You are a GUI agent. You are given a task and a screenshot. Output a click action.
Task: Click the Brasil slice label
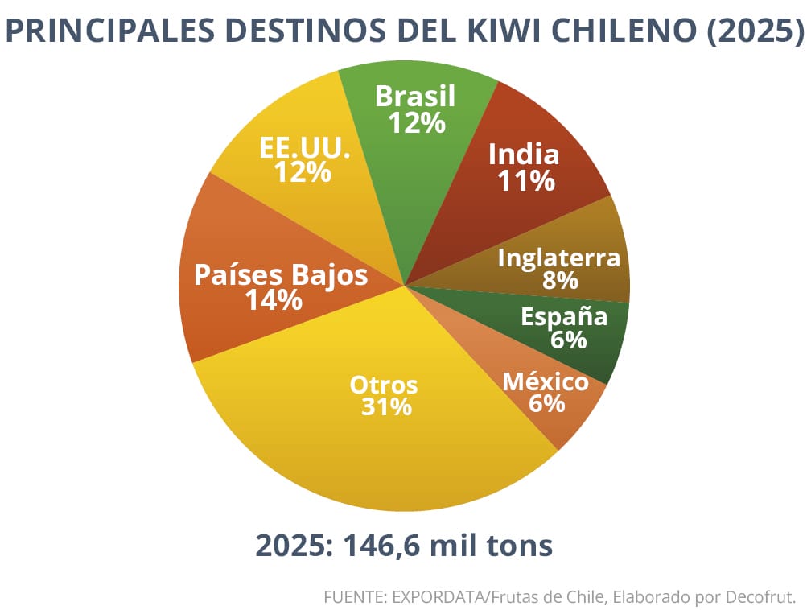[415, 97]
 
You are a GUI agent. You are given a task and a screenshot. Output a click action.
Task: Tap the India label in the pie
[525, 154]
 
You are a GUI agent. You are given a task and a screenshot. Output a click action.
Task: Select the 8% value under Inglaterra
[560, 281]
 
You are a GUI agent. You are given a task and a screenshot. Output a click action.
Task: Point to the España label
[564, 317]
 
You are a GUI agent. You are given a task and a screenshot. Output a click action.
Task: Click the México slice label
[546, 381]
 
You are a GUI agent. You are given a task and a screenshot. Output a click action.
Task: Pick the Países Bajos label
[281, 275]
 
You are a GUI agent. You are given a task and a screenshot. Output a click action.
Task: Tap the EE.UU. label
[305, 147]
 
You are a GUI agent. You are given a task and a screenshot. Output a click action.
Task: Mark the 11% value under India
[525, 181]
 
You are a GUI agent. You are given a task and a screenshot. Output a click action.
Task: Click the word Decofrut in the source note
[761, 597]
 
